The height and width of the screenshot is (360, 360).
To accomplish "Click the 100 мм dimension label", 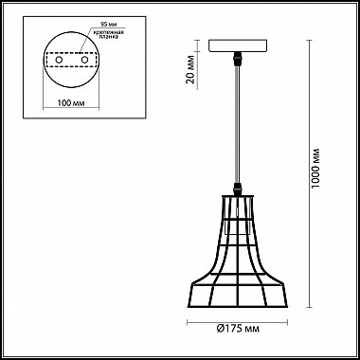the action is pos(71,103).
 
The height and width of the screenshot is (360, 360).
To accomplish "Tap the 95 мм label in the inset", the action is pos(106,25).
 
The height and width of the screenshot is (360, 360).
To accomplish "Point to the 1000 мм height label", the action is pos(315,168).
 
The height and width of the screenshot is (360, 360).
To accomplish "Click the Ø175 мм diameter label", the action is pos(238,329).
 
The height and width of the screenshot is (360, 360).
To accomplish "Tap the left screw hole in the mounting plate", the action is pos(59,60).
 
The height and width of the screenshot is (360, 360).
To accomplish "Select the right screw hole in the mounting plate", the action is pos(84,60).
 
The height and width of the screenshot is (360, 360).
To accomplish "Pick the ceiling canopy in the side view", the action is pos(238,45).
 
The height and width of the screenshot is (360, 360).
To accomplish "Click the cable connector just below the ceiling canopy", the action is pos(238,59).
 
